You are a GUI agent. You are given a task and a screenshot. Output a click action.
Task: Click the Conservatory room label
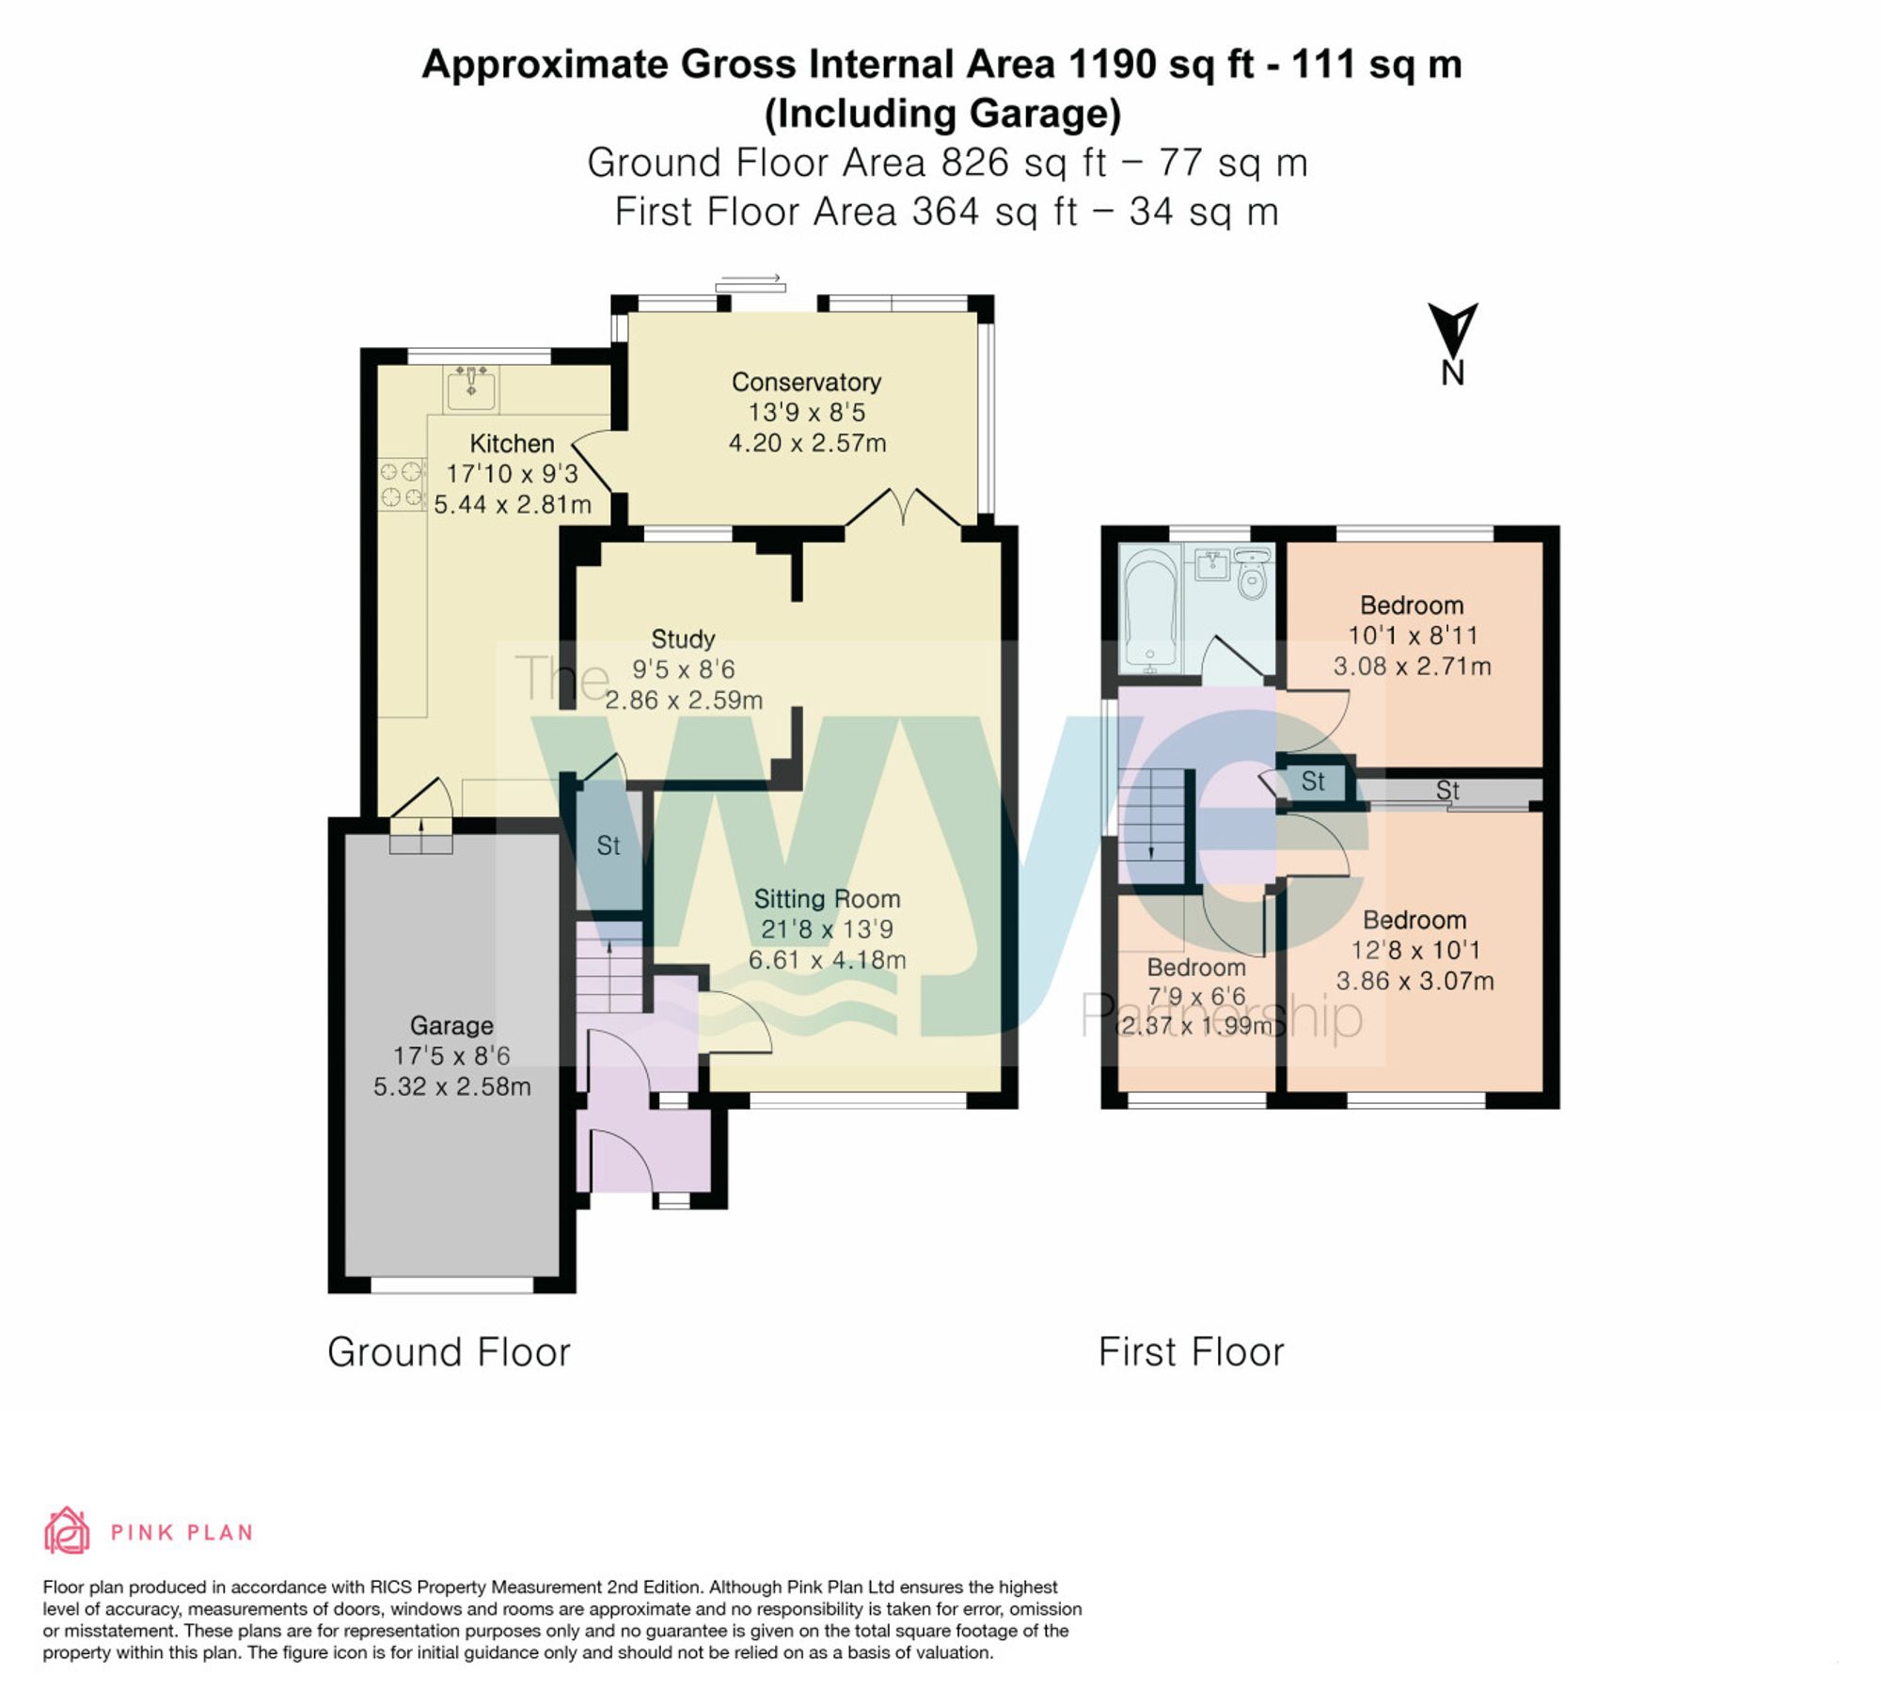(x=806, y=382)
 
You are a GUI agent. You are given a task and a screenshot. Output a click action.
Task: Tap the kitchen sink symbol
(x=471, y=387)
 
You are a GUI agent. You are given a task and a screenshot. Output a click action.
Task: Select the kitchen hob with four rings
(x=402, y=483)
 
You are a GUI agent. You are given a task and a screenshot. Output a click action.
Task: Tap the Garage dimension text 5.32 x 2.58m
(x=451, y=1086)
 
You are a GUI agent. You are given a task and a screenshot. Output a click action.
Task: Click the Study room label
(x=683, y=639)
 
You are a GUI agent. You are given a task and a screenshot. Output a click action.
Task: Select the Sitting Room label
(x=827, y=899)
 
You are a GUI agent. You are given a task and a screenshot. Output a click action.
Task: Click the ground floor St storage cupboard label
(x=609, y=845)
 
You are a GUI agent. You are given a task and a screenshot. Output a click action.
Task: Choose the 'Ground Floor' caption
(x=449, y=1352)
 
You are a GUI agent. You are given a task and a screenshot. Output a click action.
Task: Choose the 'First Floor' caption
(x=1191, y=1352)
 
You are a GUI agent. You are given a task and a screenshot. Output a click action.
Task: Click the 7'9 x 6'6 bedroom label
(x=1196, y=997)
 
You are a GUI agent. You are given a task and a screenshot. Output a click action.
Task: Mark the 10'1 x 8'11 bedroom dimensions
(x=1413, y=636)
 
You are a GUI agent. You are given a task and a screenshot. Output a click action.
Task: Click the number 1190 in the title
(x=1112, y=64)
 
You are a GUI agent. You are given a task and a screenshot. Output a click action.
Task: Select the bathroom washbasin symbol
(x=1213, y=565)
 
